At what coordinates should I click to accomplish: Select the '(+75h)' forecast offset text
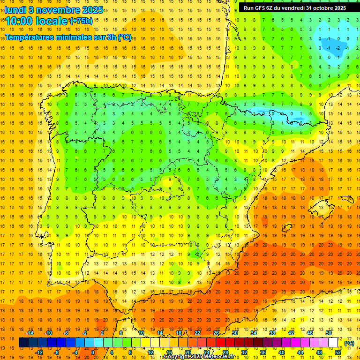81,21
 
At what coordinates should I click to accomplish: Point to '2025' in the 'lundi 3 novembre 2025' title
93,9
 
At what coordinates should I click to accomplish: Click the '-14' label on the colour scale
30,333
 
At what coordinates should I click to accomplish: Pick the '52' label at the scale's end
338,352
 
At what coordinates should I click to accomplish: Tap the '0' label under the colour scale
93,352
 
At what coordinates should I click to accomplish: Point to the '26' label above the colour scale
216,333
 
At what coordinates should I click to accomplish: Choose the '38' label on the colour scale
272,333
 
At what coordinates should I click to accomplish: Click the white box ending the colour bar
333,343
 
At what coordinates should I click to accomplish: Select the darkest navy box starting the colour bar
23,343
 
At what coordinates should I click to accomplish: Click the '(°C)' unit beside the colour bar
349,343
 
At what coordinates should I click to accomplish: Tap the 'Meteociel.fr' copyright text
222,357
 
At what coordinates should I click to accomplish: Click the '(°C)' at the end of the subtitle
125,37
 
